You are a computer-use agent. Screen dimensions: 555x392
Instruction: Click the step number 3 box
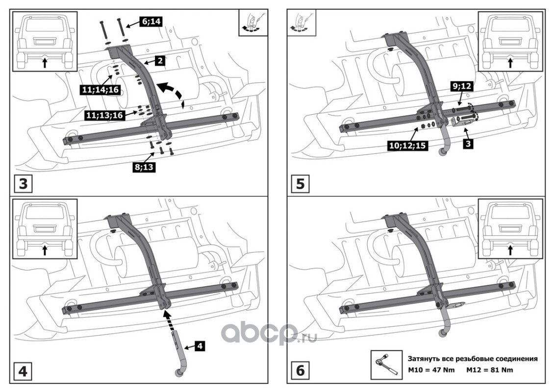coord(24,184)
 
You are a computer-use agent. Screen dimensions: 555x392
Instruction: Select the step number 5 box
coord(300,184)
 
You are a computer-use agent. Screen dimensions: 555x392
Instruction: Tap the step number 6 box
coord(300,371)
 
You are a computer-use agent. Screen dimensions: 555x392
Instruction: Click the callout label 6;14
coord(151,22)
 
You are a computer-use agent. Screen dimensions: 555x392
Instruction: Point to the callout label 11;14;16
coord(100,90)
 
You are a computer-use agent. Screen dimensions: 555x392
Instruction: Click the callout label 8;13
coord(144,167)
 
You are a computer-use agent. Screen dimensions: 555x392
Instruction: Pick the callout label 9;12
coord(461,87)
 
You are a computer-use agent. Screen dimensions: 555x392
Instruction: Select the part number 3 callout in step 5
coord(468,144)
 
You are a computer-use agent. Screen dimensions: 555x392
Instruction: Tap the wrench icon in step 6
coord(386,365)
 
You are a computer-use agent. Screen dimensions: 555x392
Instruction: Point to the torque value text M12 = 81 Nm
coord(489,370)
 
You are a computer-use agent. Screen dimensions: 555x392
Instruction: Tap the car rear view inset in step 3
coord(45,41)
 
